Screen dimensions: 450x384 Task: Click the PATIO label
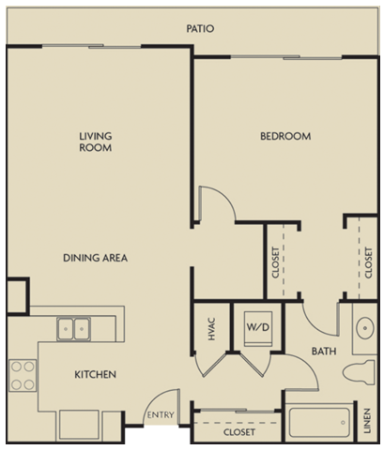(x=199, y=29)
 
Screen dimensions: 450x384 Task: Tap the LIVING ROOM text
(x=96, y=142)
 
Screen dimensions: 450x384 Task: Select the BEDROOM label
(x=285, y=137)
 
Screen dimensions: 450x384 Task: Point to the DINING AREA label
(x=96, y=258)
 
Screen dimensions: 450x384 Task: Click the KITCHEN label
(x=96, y=375)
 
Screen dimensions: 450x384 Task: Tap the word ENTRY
(x=157, y=415)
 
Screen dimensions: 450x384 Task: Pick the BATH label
(x=325, y=352)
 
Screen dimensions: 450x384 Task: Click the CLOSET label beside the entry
(x=240, y=433)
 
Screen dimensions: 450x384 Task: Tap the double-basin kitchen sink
(x=73, y=329)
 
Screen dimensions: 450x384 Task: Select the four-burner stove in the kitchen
(x=23, y=375)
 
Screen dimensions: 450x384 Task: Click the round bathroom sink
(x=362, y=329)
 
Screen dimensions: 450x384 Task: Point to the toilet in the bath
(x=359, y=372)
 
